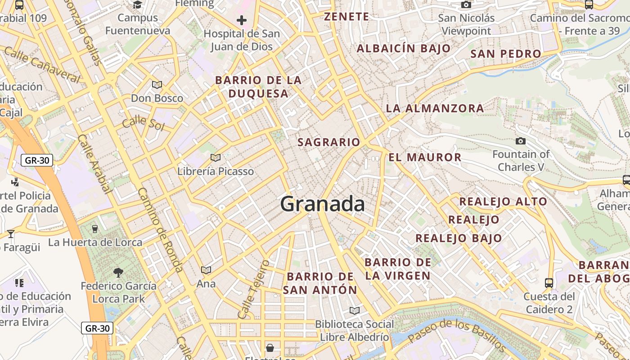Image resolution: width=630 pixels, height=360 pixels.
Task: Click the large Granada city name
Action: point(322,204)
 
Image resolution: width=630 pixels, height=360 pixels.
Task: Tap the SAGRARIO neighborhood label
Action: point(329,142)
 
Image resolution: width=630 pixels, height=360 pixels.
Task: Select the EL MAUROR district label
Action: point(425,157)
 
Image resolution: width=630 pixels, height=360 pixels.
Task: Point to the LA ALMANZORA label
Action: point(435,108)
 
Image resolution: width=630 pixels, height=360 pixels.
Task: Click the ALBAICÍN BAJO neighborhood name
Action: point(404,49)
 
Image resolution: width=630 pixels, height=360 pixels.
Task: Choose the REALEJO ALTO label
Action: point(503,202)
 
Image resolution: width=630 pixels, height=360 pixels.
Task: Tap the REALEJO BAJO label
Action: point(459,238)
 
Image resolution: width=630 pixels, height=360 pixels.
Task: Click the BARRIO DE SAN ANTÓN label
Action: point(320,283)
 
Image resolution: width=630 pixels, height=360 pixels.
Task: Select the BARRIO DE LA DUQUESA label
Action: point(258,87)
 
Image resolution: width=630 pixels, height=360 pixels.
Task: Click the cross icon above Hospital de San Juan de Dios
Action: point(242,20)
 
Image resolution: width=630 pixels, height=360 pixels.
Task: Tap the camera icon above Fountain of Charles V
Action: point(521,141)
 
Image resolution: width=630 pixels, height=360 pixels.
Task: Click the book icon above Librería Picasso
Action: point(216,157)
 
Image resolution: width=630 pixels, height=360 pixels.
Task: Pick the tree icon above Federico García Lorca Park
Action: point(118,272)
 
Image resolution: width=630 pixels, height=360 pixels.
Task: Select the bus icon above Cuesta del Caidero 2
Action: point(549,283)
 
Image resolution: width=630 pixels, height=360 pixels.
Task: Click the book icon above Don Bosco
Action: point(157,85)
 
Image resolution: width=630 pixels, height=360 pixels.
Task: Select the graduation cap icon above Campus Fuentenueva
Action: point(138,4)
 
